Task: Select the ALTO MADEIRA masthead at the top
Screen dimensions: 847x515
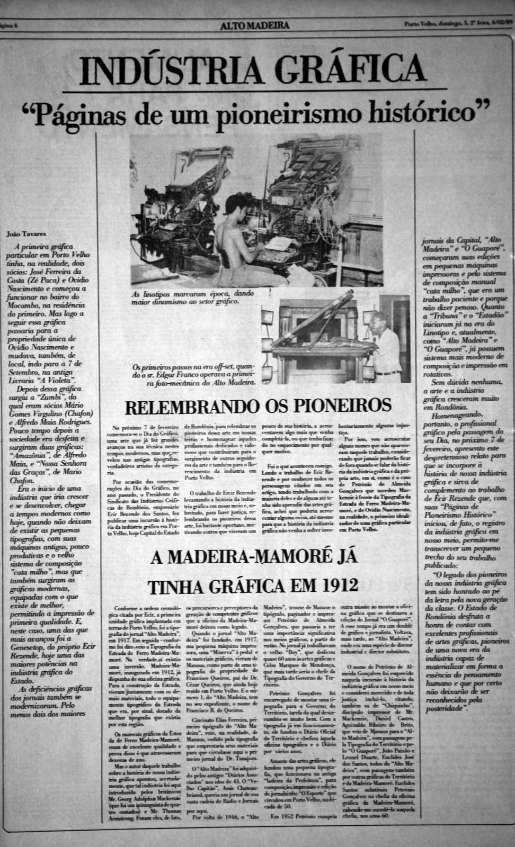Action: coord(255,25)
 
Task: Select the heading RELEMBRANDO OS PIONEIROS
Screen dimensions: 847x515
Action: coord(258,406)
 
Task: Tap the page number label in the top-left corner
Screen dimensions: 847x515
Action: coord(9,25)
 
